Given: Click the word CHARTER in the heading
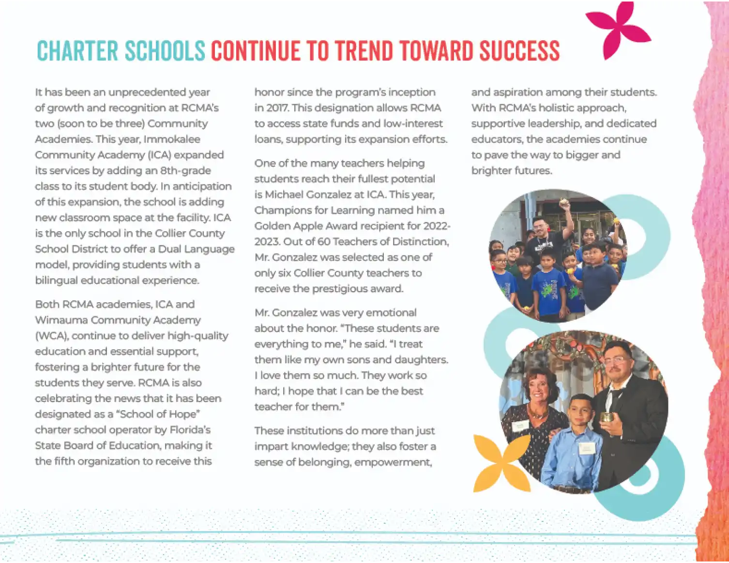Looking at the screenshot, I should (x=77, y=51).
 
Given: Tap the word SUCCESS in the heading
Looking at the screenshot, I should (x=519, y=51).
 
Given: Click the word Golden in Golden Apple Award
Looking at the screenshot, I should (x=273, y=226).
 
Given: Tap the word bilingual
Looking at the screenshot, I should (x=55, y=281).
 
